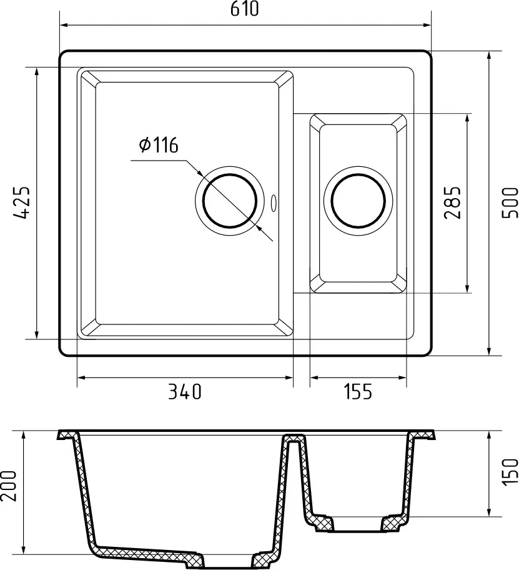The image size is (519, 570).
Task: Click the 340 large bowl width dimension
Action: click(x=185, y=392)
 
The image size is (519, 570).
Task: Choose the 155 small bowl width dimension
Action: click(x=358, y=392)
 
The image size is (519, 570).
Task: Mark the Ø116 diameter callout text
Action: click(x=159, y=146)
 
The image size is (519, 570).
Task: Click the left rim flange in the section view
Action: click(x=66, y=434)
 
